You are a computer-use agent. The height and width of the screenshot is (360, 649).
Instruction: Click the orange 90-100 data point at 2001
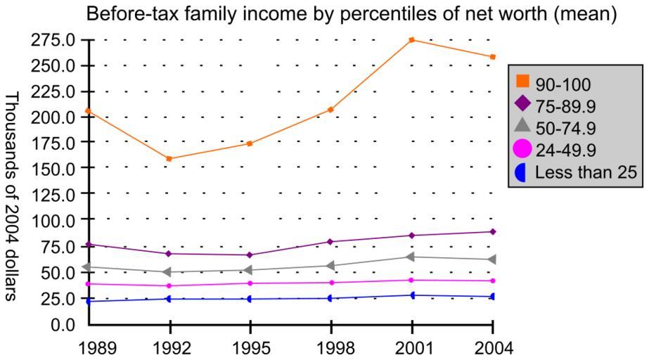pos(412,40)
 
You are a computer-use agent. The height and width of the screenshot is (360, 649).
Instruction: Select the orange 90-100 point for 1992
pos(169,159)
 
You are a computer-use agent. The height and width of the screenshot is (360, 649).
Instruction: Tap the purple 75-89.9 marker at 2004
pos(493,231)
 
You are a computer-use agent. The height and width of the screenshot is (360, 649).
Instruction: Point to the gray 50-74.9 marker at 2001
pos(412,257)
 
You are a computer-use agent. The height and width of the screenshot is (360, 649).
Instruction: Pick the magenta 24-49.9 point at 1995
pos(250,283)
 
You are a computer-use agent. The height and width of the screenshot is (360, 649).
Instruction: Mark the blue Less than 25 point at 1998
pos(331,298)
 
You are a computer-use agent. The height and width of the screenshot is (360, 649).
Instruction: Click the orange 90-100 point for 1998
pos(331,109)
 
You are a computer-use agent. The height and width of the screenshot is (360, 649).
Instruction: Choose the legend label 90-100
pos(563,85)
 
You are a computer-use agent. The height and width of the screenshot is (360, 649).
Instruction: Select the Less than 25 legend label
pos(586,172)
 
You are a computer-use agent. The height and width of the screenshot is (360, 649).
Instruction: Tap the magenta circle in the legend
pos(522,148)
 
